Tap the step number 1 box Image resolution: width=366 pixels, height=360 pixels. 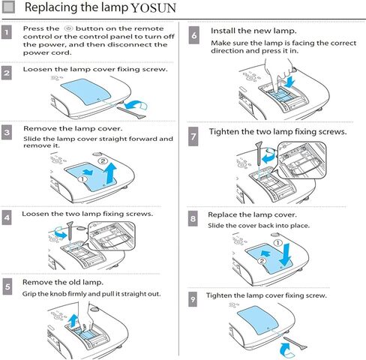click(x=7, y=34)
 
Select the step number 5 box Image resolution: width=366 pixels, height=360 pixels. click(x=7, y=286)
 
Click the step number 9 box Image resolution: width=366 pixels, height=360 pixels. click(x=193, y=298)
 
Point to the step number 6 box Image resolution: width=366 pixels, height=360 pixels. click(x=194, y=34)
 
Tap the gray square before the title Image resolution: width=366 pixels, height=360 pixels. click(x=8, y=7)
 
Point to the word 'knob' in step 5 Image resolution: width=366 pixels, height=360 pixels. click(x=62, y=293)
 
